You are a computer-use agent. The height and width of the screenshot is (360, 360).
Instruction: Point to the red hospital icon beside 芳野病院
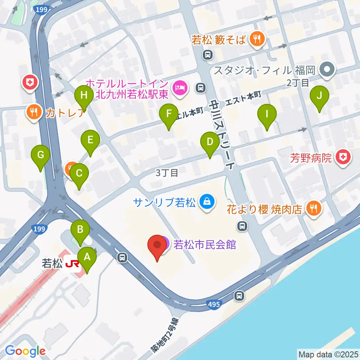(343, 157)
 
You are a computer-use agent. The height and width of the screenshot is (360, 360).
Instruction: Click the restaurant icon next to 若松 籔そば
(257, 39)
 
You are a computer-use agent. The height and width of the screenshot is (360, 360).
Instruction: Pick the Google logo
(25, 351)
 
